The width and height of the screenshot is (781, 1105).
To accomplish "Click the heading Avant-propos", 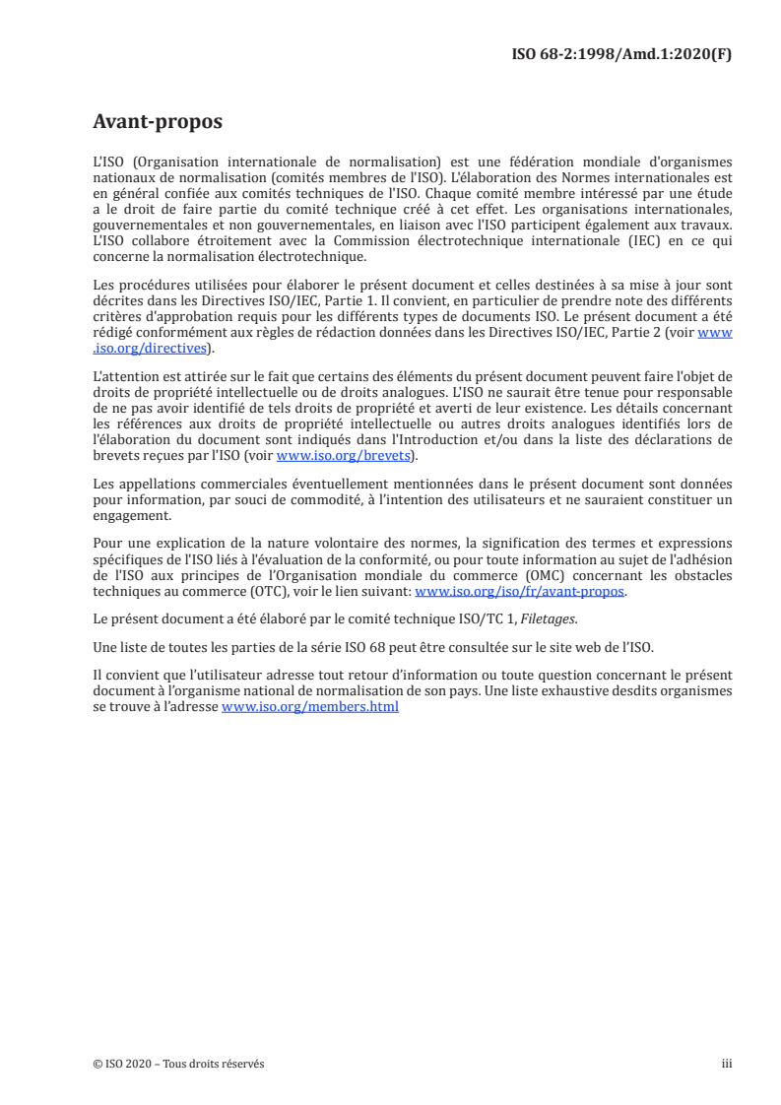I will (158, 122).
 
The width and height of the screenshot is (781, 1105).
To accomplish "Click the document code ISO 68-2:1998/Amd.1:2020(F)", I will (618, 54).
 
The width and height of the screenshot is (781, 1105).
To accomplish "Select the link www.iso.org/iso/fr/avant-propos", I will (521, 592).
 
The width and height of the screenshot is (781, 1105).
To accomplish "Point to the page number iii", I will (727, 1064).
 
